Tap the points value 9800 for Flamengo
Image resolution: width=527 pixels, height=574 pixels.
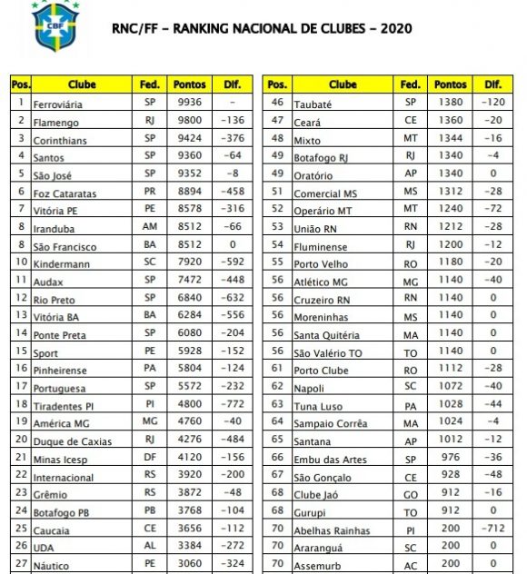click(x=190, y=121)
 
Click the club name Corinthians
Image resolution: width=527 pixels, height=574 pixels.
click(x=63, y=140)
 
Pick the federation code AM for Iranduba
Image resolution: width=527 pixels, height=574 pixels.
click(x=150, y=227)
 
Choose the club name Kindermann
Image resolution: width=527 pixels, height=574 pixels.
click(x=63, y=263)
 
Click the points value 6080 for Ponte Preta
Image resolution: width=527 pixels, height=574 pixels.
click(x=190, y=333)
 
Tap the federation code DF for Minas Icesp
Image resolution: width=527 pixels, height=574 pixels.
click(x=150, y=458)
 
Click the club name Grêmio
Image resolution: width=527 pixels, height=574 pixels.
click(x=51, y=494)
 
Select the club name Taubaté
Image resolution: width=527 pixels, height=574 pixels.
click(x=313, y=104)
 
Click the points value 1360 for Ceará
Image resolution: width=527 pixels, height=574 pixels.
click(x=451, y=121)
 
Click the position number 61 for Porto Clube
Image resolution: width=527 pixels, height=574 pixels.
click(x=277, y=369)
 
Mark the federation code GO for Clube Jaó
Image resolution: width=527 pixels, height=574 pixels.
click(x=411, y=494)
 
